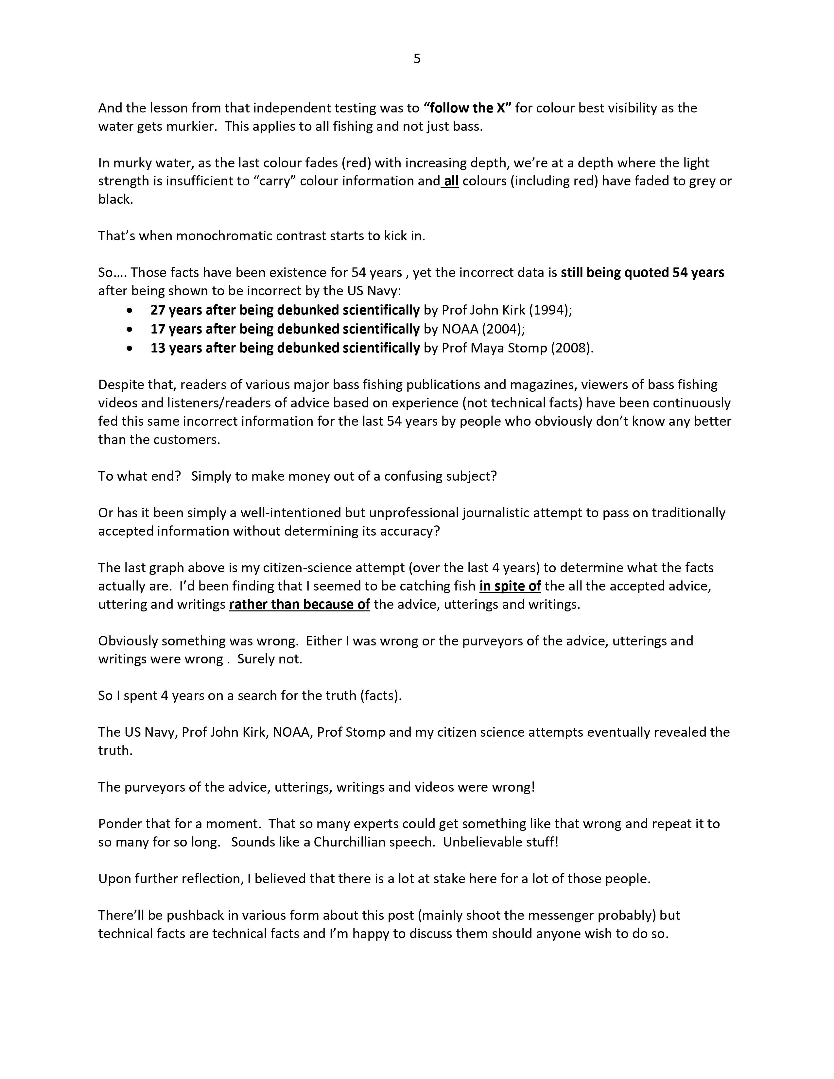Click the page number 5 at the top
coord(417,59)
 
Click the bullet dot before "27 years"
coord(130,311)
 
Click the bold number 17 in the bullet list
coord(158,329)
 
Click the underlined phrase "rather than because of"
coord(299,605)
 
